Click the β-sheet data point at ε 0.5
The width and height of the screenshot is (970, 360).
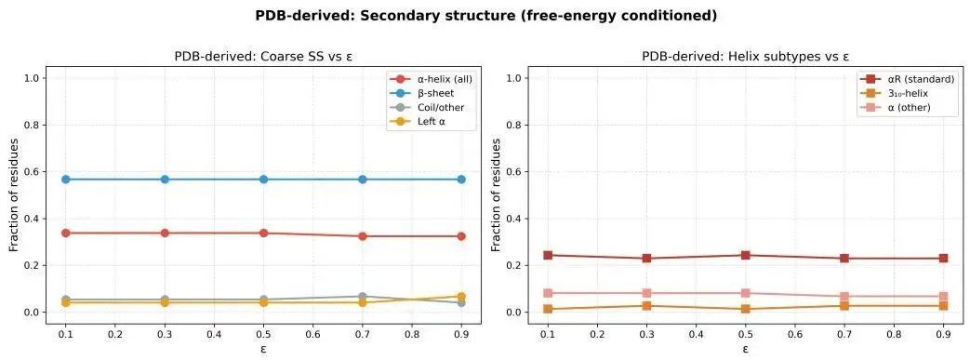point(263,180)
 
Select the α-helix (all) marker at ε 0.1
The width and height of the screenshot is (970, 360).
point(66,233)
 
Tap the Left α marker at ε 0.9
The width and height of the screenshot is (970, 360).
point(461,297)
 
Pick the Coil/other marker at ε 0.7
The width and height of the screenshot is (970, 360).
point(363,297)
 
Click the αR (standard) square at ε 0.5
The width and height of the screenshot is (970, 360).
point(746,255)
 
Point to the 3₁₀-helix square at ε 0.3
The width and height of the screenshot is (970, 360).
point(646,305)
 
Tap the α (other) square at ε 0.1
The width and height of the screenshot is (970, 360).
point(548,293)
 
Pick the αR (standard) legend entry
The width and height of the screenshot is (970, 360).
point(902,79)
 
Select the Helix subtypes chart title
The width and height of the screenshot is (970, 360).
point(746,57)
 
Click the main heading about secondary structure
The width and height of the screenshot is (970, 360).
point(485,16)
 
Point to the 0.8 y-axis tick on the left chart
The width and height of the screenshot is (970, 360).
point(33,125)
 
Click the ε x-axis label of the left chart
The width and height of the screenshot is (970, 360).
point(263,349)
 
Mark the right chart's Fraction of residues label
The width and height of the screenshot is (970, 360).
point(496,195)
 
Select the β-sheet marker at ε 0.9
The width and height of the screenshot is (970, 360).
point(461,180)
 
